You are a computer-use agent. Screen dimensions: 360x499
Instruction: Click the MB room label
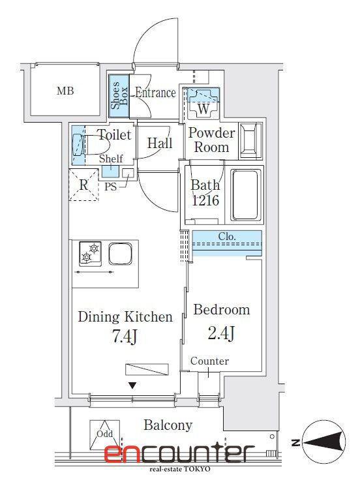coord(65,91)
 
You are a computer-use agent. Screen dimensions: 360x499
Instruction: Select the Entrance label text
coord(155,93)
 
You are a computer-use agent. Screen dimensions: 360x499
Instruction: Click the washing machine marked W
coord(203,103)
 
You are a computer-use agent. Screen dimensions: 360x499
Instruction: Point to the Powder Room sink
coord(251,140)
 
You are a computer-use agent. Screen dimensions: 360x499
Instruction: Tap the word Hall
coord(160,144)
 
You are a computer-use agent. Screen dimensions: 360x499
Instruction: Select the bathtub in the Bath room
coord(245,195)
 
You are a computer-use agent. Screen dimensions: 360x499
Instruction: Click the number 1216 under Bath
coord(205,200)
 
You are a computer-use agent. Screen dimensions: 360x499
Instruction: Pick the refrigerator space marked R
coord(83,185)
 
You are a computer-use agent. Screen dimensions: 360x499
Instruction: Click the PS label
coord(110,187)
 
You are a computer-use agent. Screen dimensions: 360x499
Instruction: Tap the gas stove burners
coord(91,254)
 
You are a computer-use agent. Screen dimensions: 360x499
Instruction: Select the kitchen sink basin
coord(120,254)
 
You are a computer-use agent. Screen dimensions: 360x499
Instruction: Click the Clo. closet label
coord(227,236)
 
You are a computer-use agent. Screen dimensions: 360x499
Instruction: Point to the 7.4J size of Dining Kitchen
coord(125,337)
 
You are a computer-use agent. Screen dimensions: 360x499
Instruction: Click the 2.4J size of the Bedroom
coord(221,333)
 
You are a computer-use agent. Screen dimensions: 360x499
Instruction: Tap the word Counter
coord(209,361)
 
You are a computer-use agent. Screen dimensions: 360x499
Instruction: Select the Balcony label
coord(168,425)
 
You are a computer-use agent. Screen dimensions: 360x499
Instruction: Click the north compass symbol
coord(323,442)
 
